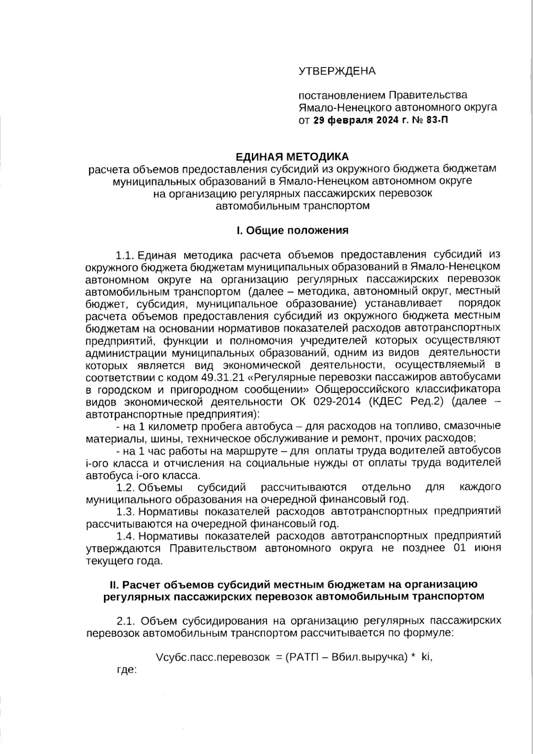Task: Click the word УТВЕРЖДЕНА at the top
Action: (x=337, y=71)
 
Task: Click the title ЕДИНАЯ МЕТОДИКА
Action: (x=292, y=157)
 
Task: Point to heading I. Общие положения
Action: (x=292, y=230)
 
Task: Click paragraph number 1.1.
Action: (x=125, y=255)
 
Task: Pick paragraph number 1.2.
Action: (x=125, y=487)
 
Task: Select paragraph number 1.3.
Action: (x=125, y=511)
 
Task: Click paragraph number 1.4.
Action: (x=125, y=536)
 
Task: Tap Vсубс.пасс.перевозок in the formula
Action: (x=213, y=658)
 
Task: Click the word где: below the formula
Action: (x=126, y=670)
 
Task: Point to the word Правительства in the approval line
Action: (x=428, y=95)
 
